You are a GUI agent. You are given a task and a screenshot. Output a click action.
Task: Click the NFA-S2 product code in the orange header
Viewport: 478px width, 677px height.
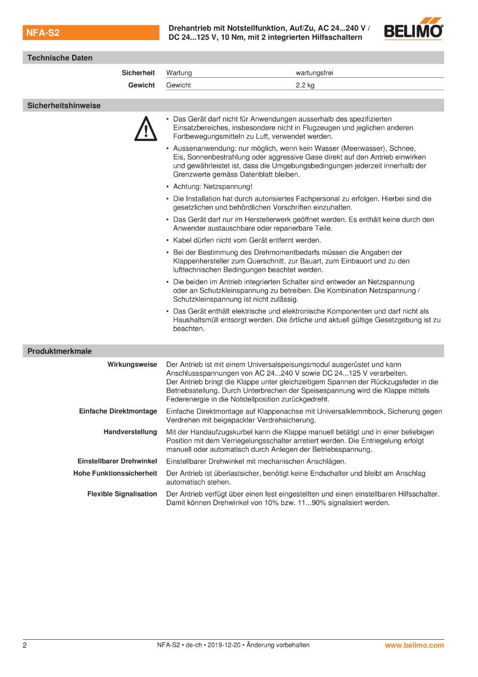click(43, 33)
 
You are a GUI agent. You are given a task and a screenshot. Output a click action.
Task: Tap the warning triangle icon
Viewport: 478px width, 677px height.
click(145, 129)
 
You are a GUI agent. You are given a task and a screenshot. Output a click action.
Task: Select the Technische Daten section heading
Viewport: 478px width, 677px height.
click(60, 58)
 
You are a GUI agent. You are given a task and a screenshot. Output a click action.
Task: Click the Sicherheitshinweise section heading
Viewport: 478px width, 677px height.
click(64, 105)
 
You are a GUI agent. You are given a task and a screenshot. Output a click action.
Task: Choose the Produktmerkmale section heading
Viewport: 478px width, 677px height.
click(59, 351)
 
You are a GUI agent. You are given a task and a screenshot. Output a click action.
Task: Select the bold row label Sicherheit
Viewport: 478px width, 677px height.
click(138, 73)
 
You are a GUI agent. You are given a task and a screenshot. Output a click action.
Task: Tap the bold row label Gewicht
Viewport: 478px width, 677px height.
click(141, 85)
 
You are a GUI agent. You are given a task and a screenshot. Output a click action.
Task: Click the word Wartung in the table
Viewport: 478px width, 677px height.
click(179, 73)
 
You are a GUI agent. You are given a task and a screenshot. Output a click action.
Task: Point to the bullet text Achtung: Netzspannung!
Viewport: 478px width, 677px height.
click(213, 186)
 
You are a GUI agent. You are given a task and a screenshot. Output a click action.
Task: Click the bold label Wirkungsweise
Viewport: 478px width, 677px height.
click(132, 364)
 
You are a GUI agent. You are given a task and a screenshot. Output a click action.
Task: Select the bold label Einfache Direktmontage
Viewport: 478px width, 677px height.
click(118, 411)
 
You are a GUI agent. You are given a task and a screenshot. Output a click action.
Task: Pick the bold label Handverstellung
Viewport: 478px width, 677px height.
click(130, 432)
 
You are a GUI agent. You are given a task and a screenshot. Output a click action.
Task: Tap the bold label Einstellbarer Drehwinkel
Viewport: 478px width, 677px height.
click(117, 461)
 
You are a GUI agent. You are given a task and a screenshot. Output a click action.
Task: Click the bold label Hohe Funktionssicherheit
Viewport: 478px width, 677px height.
click(115, 473)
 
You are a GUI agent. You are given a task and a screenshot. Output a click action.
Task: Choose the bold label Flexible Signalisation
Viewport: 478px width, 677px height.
click(122, 494)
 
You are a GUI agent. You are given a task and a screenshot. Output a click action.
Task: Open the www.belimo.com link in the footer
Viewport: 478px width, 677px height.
click(414, 645)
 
